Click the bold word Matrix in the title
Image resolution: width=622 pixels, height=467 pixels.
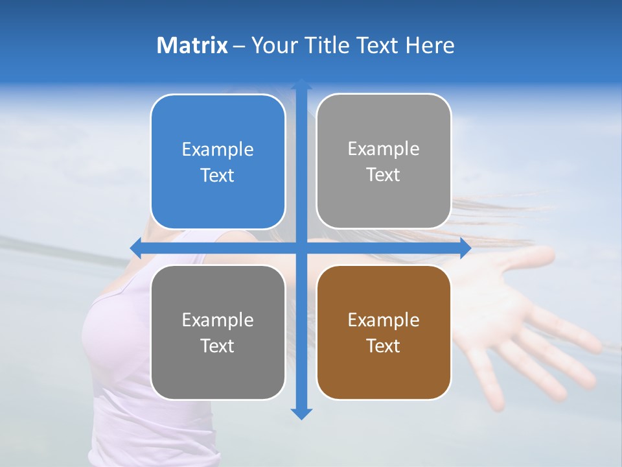(x=192, y=45)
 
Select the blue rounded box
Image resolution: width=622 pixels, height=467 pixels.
(x=218, y=162)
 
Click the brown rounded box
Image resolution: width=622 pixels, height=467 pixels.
(x=384, y=333)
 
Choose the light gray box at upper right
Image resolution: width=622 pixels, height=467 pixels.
(x=384, y=161)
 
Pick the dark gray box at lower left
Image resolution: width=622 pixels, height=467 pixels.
(x=218, y=333)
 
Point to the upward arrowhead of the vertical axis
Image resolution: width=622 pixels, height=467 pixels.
(x=301, y=85)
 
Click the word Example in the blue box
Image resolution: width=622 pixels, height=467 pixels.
(x=218, y=149)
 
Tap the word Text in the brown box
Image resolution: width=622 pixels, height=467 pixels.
(x=384, y=346)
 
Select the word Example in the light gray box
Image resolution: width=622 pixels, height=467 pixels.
(x=384, y=149)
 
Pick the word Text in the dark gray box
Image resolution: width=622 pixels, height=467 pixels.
(x=218, y=346)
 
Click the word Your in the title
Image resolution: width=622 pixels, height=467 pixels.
(x=272, y=45)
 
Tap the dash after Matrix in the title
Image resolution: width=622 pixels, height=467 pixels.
(x=239, y=46)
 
